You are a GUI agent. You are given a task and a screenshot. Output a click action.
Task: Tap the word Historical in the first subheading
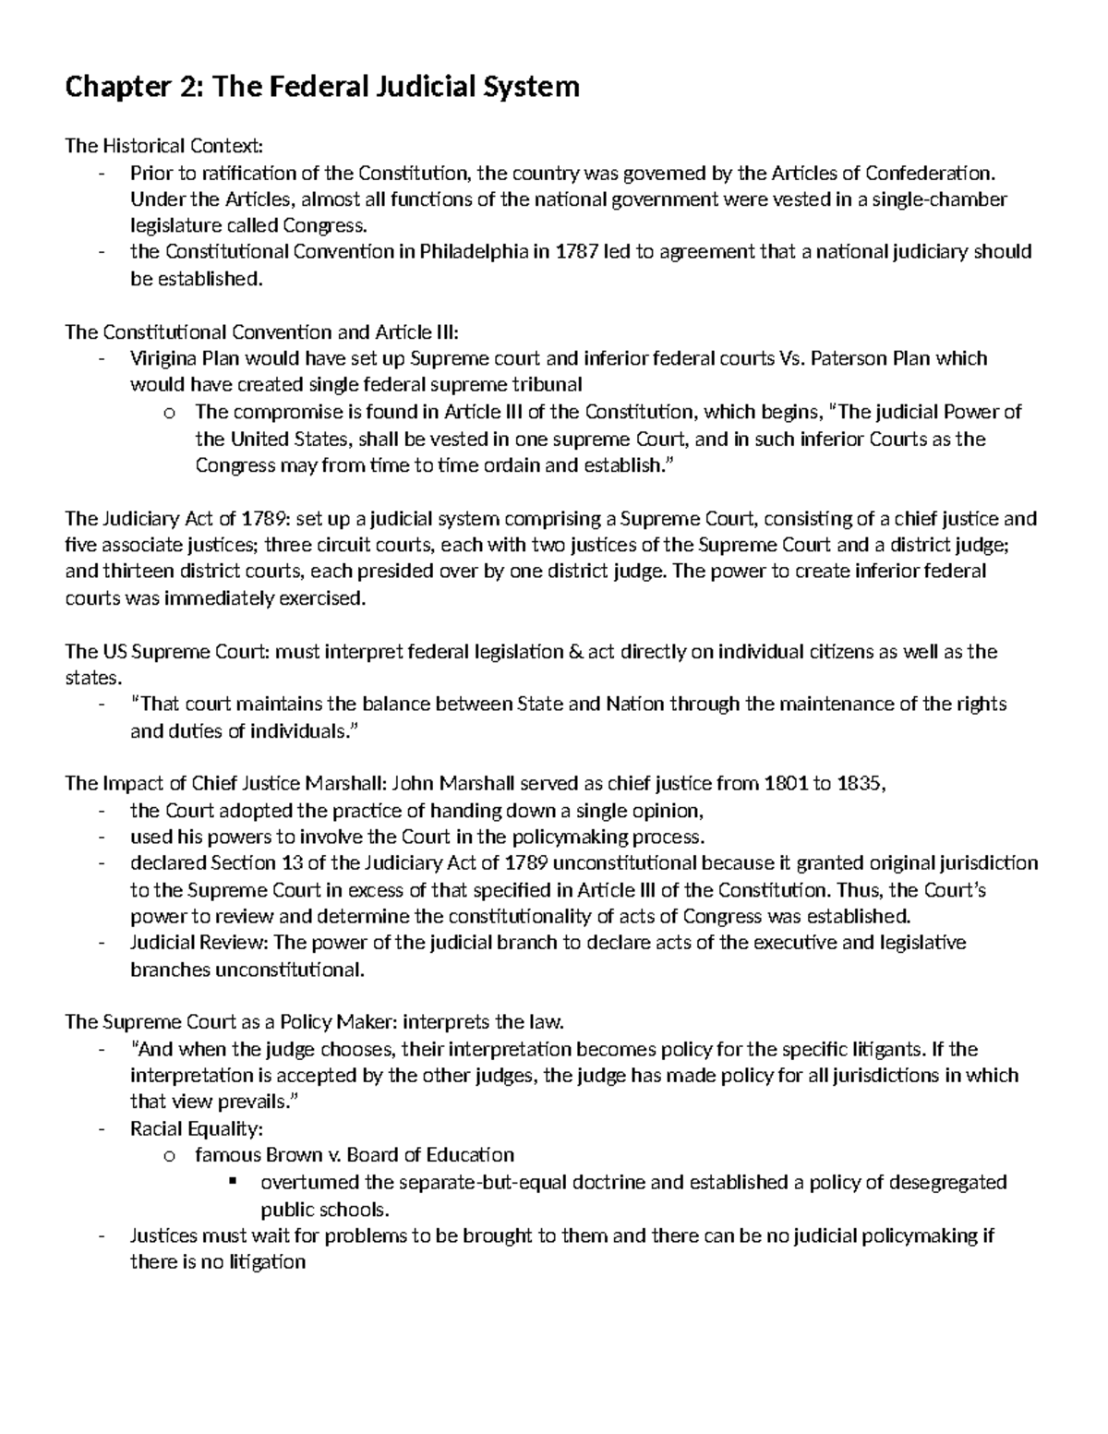(x=142, y=146)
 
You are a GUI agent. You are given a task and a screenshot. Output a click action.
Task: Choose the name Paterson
(x=850, y=358)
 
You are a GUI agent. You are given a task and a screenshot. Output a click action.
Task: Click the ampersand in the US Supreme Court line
(x=574, y=652)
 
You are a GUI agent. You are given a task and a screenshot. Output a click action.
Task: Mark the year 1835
(x=860, y=784)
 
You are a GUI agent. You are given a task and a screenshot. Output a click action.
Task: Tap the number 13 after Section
(x=288, y=863)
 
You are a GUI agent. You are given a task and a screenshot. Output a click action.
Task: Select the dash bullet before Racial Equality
(x=101, y=1128)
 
